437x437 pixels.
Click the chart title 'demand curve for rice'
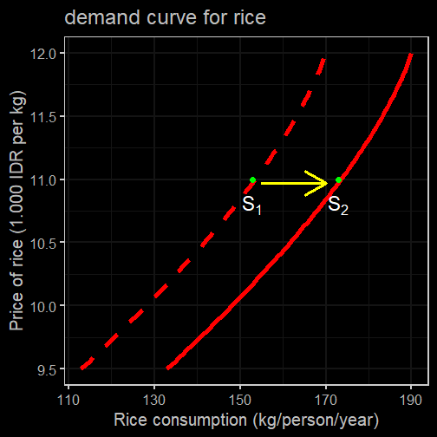click(165, 17)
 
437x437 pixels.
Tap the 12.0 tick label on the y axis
click(43, 54)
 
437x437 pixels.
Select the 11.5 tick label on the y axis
click(43, 117)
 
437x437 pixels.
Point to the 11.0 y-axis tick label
click(43, 180)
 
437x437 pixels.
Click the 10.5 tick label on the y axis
click(43, 244)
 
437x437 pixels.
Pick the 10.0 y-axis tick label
click(43, 307)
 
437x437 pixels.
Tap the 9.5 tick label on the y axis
click(47, 370)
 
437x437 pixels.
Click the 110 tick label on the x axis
click(68, 401)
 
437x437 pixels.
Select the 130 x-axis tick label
click(154, 401)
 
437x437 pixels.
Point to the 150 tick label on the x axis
click(240, 401)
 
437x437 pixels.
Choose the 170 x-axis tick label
click(326, 401)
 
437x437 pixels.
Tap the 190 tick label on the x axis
click(411, 401)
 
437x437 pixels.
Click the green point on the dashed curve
click(252, 180)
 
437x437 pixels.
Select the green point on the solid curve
click(338, 180)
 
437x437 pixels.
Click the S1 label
click(251, 205)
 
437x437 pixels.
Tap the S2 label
click(338, 205)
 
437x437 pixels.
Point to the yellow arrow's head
click(327, 183)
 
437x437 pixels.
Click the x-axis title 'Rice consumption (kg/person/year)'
click(246, 421)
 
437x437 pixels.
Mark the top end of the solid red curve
click(411, 55)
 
